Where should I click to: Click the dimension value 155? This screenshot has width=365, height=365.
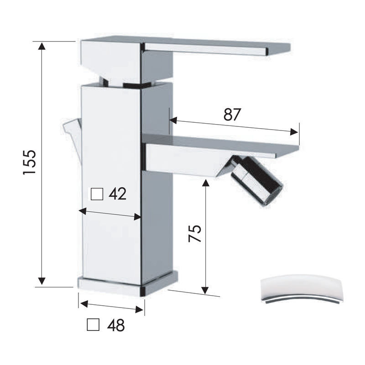tap(30, 162)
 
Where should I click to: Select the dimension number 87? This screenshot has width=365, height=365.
tap(232, 115)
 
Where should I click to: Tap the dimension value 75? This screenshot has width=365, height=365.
tap(195, 234)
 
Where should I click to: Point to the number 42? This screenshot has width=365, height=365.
tap(118, 193)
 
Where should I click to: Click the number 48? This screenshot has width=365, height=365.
tap(116, 325)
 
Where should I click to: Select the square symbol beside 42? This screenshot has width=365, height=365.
tap(97, 194)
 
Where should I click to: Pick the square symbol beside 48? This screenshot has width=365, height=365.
tap(93, 324)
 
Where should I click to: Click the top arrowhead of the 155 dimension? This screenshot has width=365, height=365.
tap(42, 46)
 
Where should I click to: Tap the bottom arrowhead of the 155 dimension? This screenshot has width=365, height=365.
tap(42, 281)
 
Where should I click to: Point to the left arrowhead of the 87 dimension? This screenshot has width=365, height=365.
tap(173, 120)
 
